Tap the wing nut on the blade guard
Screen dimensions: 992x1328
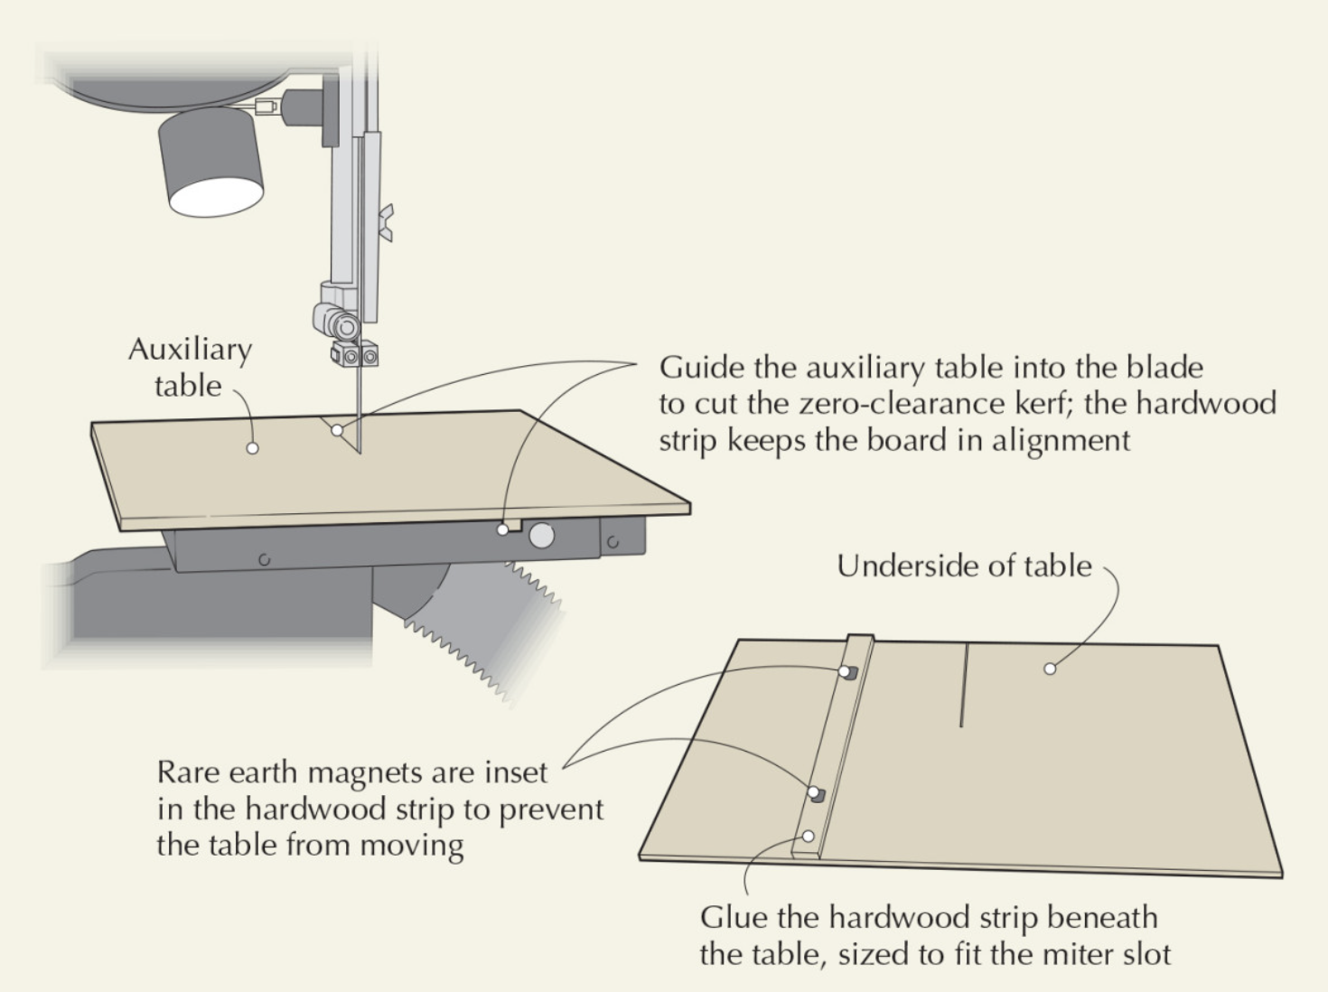pos(388,222)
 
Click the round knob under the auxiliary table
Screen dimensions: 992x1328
pos(541,536)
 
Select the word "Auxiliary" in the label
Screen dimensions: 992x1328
pos(190,350)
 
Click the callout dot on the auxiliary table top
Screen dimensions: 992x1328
pos(253,448)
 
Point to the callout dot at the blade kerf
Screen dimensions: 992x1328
pos(337,430)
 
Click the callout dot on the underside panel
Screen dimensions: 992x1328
pos(1050,669)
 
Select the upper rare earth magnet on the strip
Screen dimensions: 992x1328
pos(847,671)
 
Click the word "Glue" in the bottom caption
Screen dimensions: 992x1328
pos(734,918)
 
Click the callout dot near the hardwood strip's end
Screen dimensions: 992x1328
pos(809,837)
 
